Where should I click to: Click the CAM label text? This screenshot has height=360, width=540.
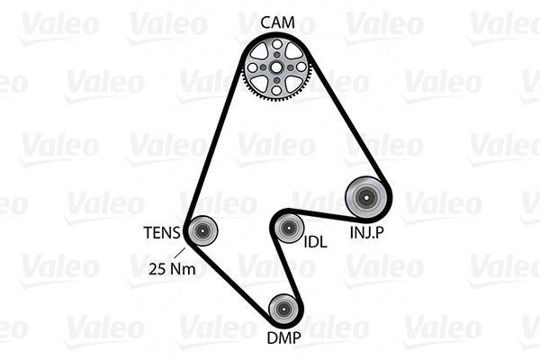click(277, 22)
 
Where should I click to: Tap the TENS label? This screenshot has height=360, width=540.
click(162, 232)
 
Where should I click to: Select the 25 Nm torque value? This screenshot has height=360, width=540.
click(172, 268)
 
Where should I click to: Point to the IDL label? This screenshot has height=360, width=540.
click(315, 242)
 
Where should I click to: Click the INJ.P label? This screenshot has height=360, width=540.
click(367, 232)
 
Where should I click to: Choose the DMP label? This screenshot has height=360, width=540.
click(284, 338)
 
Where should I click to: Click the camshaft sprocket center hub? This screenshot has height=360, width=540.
click(276, 67)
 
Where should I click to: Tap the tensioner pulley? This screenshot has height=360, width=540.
click(202, 230)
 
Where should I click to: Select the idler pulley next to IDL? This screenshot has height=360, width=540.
click(288, 228)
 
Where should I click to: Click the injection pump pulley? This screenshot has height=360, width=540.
click(365, 198)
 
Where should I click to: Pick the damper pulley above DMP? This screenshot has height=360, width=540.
click(283, 309)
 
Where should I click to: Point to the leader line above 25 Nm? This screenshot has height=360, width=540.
click(179, 253)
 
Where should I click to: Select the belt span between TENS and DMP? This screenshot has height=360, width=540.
click(229, 281)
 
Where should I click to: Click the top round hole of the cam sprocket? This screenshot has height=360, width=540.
click(276, 44)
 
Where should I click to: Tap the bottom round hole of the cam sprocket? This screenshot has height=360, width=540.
click(276, 90)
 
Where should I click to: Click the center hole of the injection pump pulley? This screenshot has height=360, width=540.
click(365, 198)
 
